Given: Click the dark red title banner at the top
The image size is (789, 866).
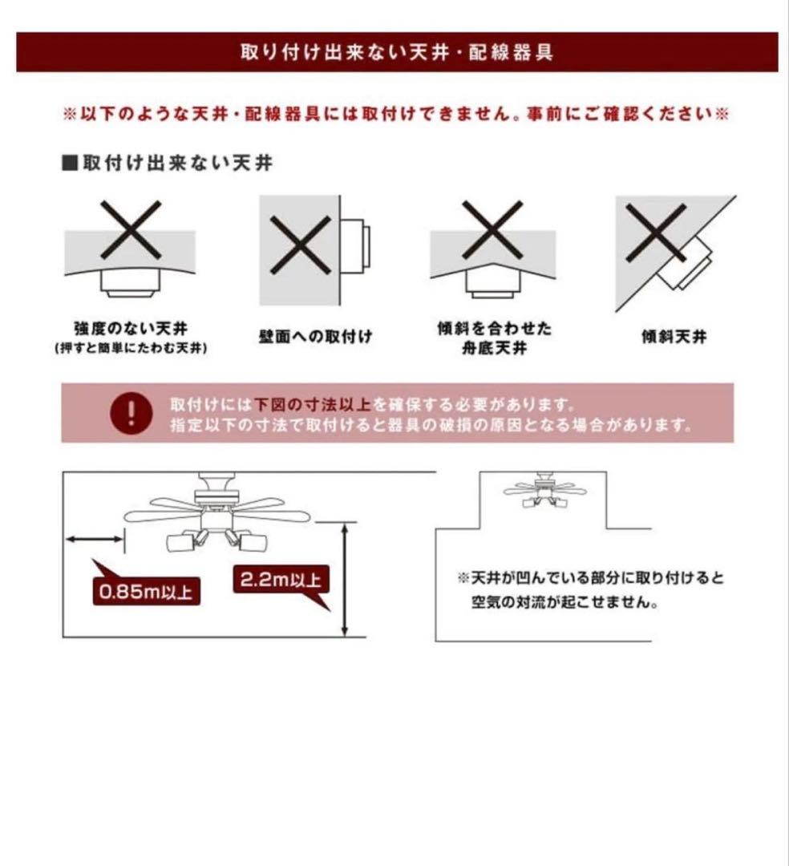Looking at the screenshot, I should pyautogui.click(x=397, y=52).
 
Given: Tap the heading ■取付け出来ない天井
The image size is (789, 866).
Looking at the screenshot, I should pyautogui.click(x=168, y=164).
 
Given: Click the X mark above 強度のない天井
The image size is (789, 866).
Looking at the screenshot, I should pyautogui.click(x=131, y=229).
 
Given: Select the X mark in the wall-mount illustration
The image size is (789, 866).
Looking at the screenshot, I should pyautogui.click(x=301, y=245).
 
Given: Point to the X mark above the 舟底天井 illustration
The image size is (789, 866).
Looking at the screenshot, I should pyautogui.click(x=492, y=229).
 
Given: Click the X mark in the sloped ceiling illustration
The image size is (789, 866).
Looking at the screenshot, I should pyautogui.click(x=655, y=233).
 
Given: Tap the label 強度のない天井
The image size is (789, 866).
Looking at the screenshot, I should pyautogui.click(x=130, y=328).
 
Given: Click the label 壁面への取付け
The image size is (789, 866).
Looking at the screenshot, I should pyautogui.click(x=315, y=337).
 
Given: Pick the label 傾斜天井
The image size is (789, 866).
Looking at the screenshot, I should pyautogui.click(x=674, y=337).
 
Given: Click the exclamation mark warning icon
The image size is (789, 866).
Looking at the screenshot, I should pyautogui.click(x=131, y=413).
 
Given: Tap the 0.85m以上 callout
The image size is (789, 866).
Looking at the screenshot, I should pyautogui.click(x=146, y=592).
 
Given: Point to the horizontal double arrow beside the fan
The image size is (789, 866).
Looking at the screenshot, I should pyautogui.click(x=95, y=539).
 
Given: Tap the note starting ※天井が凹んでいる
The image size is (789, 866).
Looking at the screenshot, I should pyautogui.click(x=590, y=589).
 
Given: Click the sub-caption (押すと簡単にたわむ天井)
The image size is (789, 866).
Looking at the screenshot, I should pyautogui.click(x=131, y=350).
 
